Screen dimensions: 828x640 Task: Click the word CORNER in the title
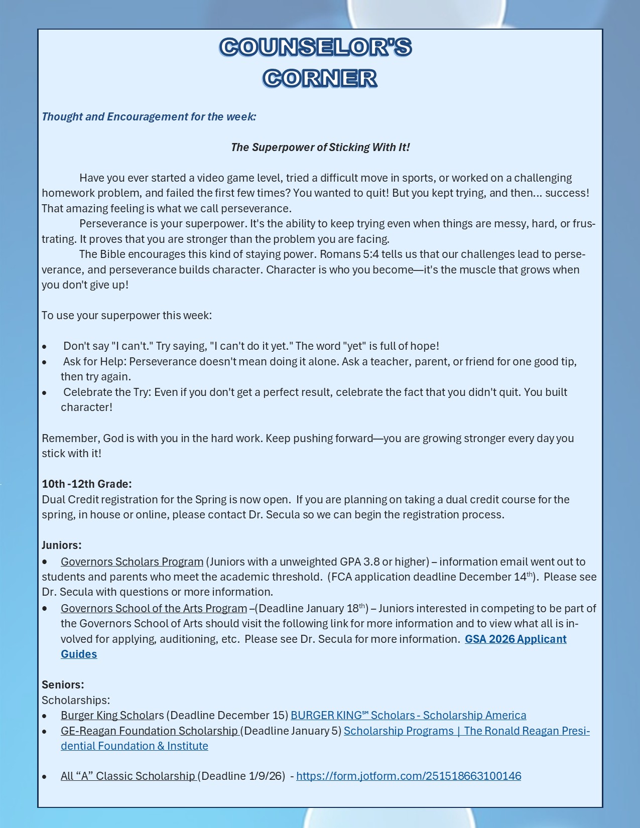320,78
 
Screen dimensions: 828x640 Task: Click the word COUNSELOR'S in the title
316,47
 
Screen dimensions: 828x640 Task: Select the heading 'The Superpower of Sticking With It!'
320,147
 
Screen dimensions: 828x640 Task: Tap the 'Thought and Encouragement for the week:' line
149,116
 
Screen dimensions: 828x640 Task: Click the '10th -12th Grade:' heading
87,484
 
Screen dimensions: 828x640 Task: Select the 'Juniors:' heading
62,545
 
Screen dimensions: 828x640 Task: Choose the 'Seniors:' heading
63,684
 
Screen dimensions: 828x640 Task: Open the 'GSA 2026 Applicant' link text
516,639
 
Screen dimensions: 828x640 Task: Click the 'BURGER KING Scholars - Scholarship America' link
408,715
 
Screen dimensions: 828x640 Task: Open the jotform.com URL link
409,776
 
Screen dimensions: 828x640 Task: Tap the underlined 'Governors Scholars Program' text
132,562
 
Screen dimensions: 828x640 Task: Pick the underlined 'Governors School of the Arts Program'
154,608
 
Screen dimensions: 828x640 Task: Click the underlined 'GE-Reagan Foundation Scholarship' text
149,731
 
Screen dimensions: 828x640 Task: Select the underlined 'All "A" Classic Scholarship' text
128,776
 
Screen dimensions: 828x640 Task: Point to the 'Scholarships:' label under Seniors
76,700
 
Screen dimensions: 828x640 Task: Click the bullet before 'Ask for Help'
45,362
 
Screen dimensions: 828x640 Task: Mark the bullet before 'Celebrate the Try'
45,392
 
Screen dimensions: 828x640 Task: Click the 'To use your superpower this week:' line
127,315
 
